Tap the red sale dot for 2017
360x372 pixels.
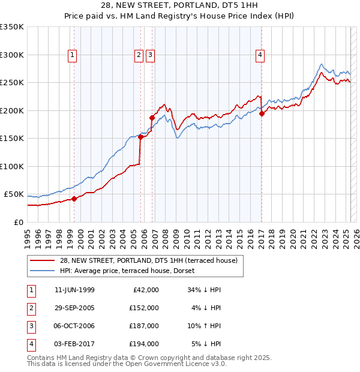tap(262, 114)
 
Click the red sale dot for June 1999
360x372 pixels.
tap(74, 199)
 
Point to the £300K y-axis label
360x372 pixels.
tap(12, 55)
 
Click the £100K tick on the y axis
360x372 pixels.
tap(12, 166)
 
